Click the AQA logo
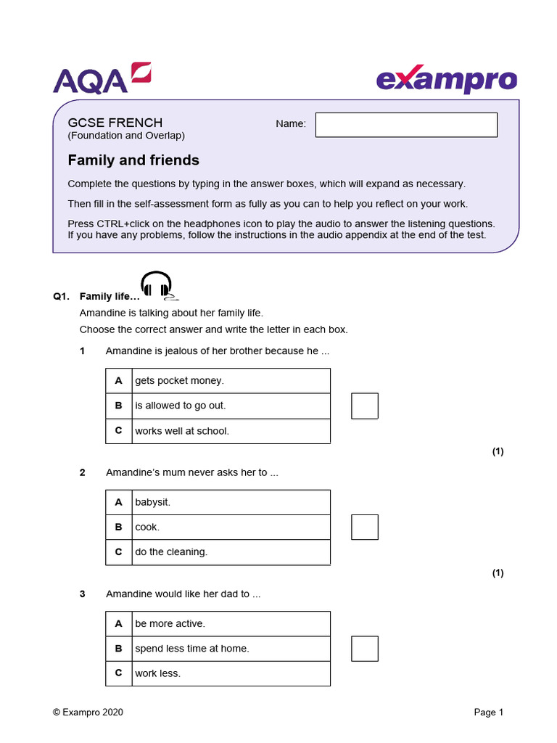click(x=101, y=78)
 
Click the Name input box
click(x=406, y=125)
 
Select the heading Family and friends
click(x=133, y=160)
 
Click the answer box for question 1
click(x=365, y=406)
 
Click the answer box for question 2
click(x=365, y=527)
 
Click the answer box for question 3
click(x=365, y=648)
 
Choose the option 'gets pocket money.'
click(x=179, y=381)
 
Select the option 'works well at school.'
click(x=181, y=431)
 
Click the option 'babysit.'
click(x=152, y=502)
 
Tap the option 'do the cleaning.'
click(x=171, y=552)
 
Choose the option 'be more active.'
click(x=170, y=624)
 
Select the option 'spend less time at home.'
click(x=191, y=649)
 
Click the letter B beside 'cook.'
click(x=118, y=528)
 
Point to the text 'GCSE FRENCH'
click(x=115, y=123)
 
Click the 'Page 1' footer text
click(x=488, y=713)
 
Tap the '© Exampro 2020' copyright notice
click(x=88, y=713)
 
